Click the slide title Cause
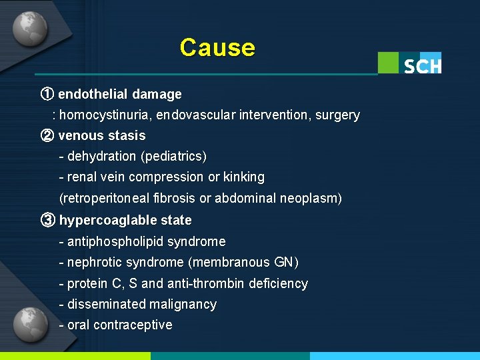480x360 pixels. (217, 48)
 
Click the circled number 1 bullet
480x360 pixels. (47, 94)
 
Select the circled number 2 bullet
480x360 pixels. (47, 135)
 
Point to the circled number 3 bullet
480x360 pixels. (47, 220)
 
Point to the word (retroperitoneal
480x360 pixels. (109, 199)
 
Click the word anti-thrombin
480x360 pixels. (205, 283)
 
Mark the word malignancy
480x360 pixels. (183, 305)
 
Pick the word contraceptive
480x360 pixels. (133, 325)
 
